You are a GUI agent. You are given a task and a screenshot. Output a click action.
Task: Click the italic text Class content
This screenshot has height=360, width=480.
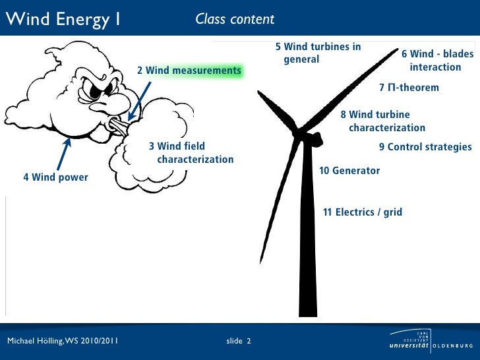click(x=235, y=19)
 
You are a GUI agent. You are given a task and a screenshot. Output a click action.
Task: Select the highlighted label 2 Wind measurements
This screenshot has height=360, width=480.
click(x=189, y=71)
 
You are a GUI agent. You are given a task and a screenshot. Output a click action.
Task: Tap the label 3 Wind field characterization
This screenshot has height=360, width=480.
click(x=191, y=153)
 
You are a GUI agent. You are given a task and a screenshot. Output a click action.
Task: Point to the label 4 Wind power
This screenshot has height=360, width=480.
click(x=55, y=177)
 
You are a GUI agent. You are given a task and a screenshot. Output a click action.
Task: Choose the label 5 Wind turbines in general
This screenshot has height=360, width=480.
click(x=318, y=53)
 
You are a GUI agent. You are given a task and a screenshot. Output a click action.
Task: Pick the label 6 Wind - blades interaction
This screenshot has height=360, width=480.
click(x=437, y=61)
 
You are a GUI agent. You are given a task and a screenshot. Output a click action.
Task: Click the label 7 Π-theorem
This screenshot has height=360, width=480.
click(x=409, y=88)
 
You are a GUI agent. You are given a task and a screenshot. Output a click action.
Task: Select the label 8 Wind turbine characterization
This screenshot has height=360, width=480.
click(x=382, y=121)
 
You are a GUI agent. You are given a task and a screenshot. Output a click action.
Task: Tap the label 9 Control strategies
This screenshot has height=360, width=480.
click(x=425, y=147)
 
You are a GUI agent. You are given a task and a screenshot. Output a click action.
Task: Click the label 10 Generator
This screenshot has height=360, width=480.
click(x=349, y=171)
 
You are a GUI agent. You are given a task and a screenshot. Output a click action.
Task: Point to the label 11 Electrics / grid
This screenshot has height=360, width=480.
click(x=362, y=212)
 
